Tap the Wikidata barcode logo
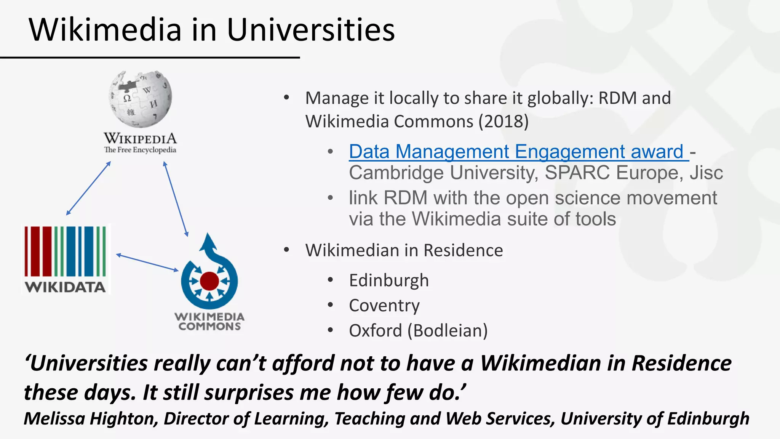[x=65, y=251]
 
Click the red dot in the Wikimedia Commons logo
[x=209, y=281]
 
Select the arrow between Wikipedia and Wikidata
[x=88, y=188]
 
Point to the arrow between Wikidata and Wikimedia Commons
[x=147, y=263]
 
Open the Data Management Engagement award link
[x=518, y=151]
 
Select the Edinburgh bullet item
[x=389, y=280]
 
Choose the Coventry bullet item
[x=384, y=306]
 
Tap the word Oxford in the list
[x=375, y=330]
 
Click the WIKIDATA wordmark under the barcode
[x=65, y=287]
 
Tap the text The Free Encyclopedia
[x=140, y=150]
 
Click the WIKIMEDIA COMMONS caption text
[x=209, y=321]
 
